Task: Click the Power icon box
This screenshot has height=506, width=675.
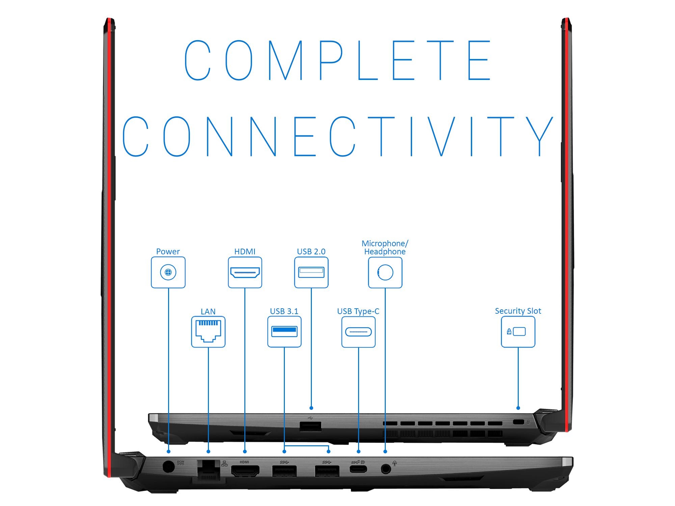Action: click(168, 272)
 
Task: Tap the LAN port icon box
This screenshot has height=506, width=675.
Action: click(208, 332)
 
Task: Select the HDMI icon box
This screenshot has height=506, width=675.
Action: click(245, 272)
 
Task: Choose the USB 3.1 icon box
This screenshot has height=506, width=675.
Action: click(285, 332)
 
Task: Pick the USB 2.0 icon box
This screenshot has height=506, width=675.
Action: click(311, 272)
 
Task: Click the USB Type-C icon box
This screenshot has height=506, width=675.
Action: click(358, 332)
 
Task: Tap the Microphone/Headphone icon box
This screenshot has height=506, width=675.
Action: click(385, 272)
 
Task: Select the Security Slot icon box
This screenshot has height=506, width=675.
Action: click(518, 332)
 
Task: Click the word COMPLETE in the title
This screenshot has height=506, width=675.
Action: click(337, 60)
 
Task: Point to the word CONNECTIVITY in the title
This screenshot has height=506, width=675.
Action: click(337, 137)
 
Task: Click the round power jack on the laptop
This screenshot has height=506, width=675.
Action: click(169, 467)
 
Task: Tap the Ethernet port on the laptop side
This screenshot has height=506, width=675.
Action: click(208, 470)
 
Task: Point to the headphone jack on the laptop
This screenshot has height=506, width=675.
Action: click(385, 469)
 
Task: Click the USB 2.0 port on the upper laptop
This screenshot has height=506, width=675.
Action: click(310, 427)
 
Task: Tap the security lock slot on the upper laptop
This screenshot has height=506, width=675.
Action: click(518, 422)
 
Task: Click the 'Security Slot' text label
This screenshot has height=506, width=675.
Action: click(518, 311)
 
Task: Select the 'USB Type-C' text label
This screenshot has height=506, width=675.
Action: click(358, 311)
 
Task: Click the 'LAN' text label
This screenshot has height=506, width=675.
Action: click(208, 312)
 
